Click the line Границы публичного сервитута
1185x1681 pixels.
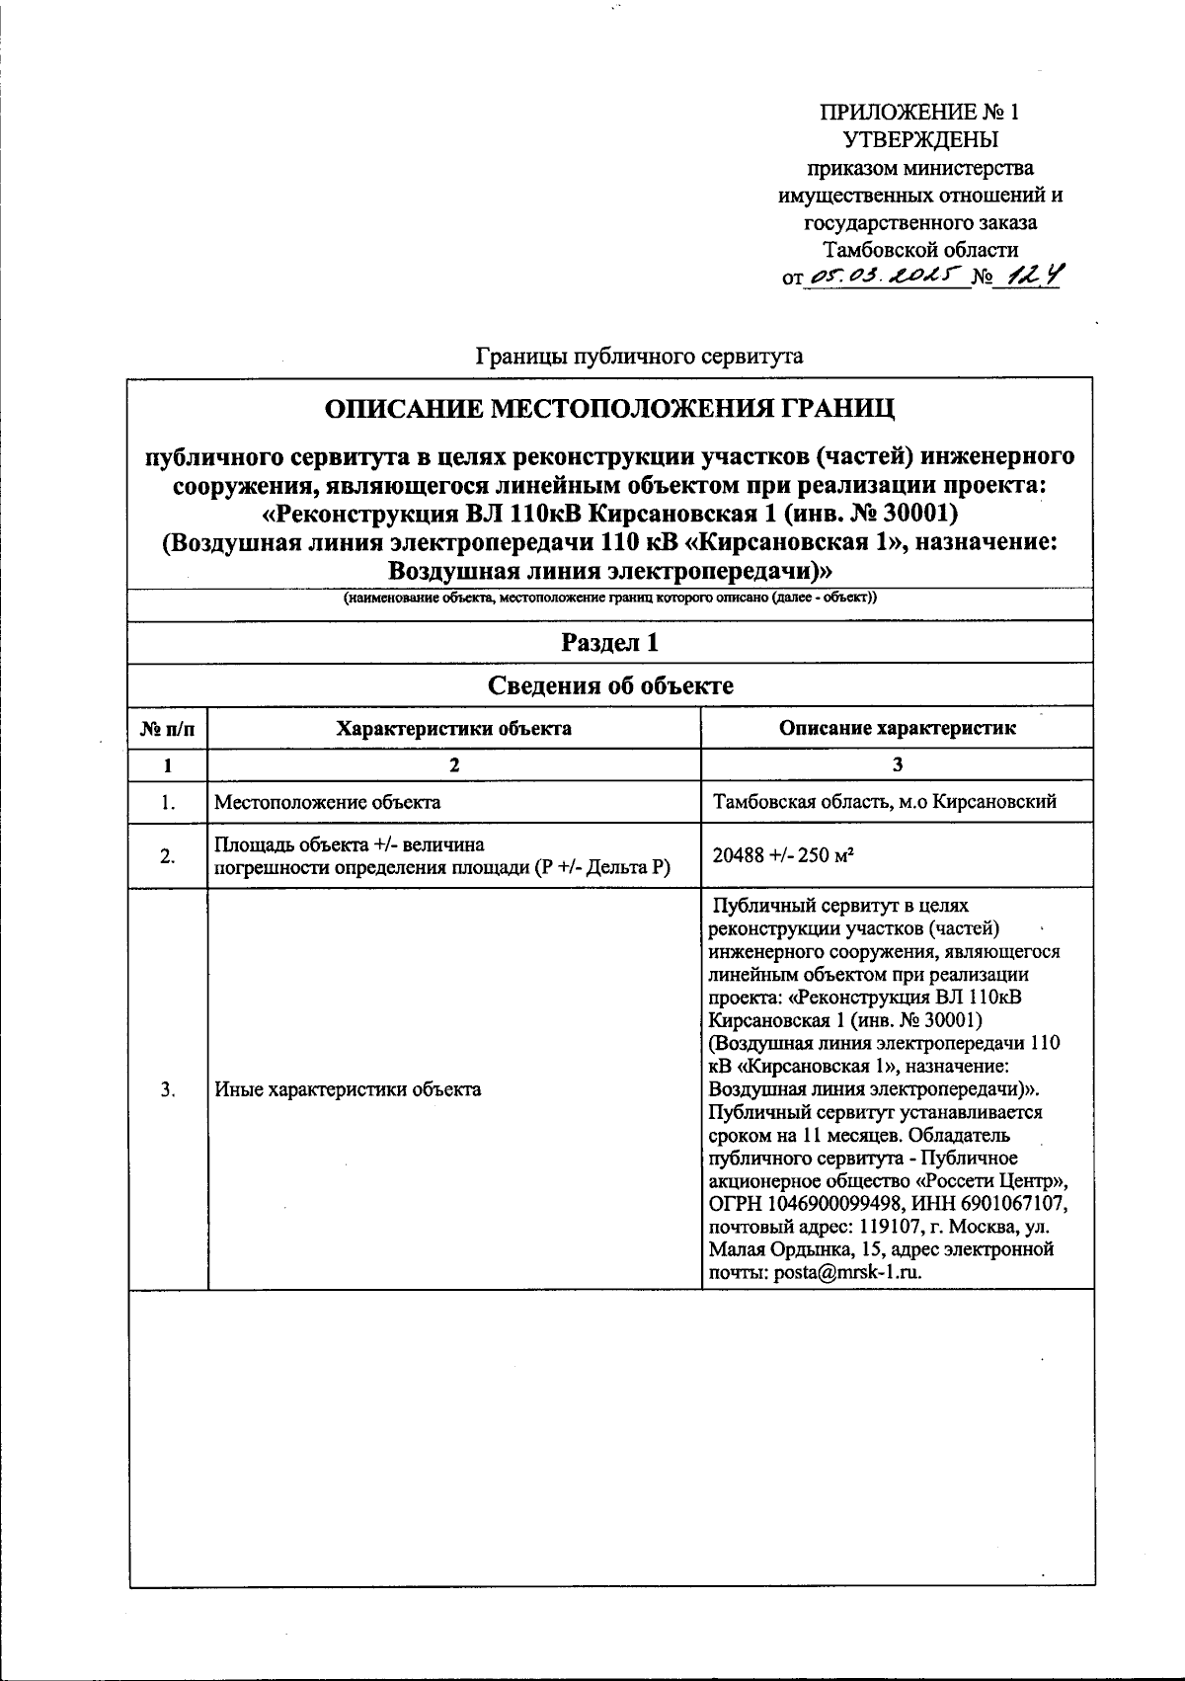pyautogui.click(x=640, y=356)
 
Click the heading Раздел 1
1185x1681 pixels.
pyautogui.click(x=610, y=643)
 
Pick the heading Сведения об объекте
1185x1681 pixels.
pyautogui.click(x=610, y=685)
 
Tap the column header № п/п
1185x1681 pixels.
pyautogui.click(x=168, y=729)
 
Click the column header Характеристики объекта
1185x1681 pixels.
pyautogui.click(x=453, y=729)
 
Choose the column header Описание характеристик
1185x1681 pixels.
pyautogui.click(x=897, y=729)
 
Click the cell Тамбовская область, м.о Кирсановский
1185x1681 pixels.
pyautogui.click(x=885, y=802)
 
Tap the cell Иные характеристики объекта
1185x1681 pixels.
pyautogui.click(x=348, y=1089)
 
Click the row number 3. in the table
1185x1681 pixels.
pyautogui.click(x=168, y=1089)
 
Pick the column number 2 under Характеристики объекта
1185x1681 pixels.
pyautogui.click(x=453, y=764)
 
